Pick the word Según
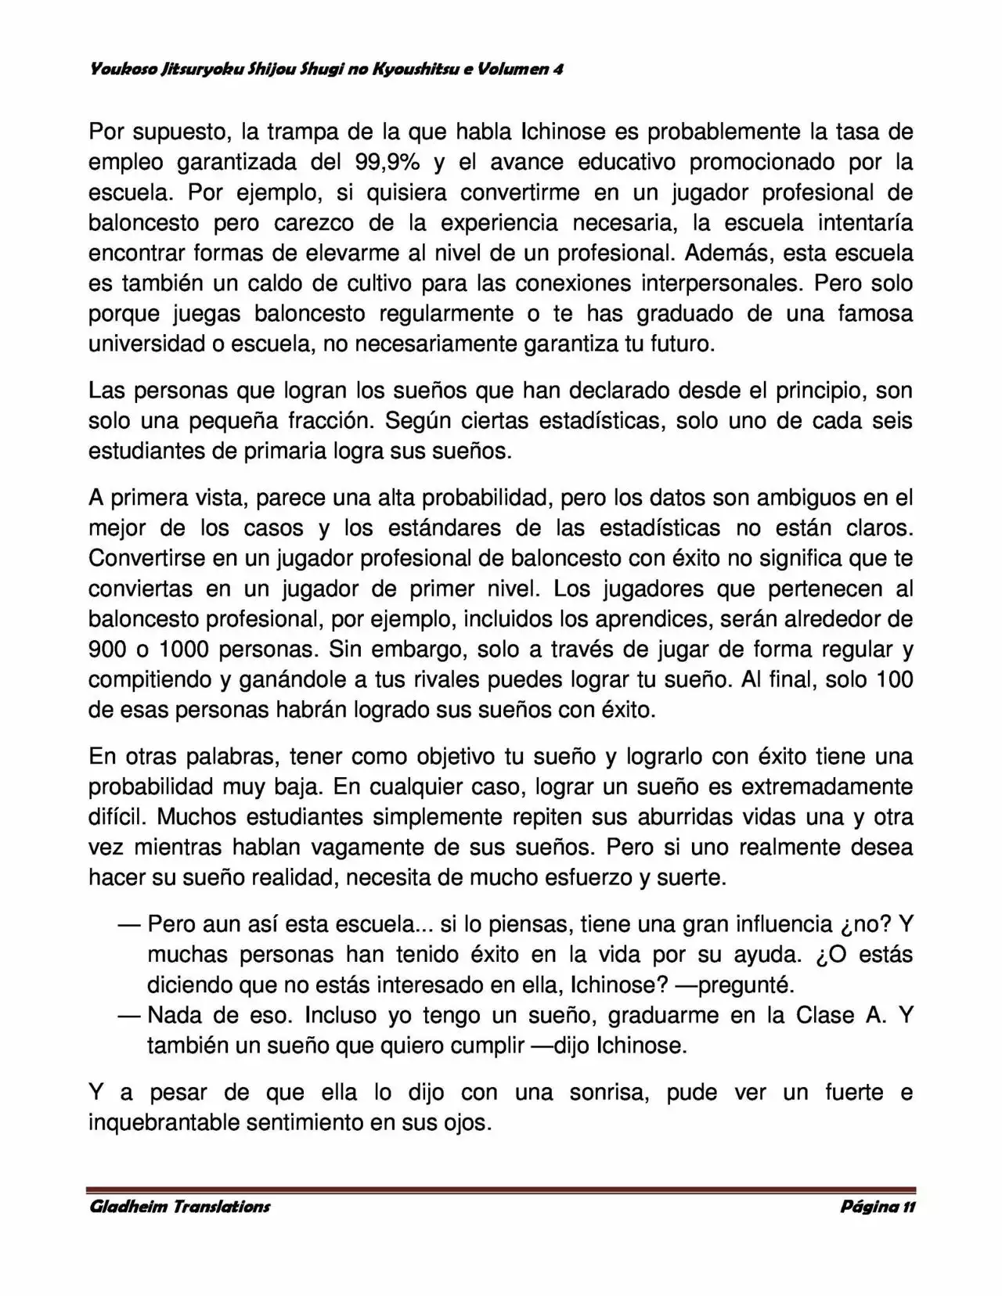click(x=412, y=421)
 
